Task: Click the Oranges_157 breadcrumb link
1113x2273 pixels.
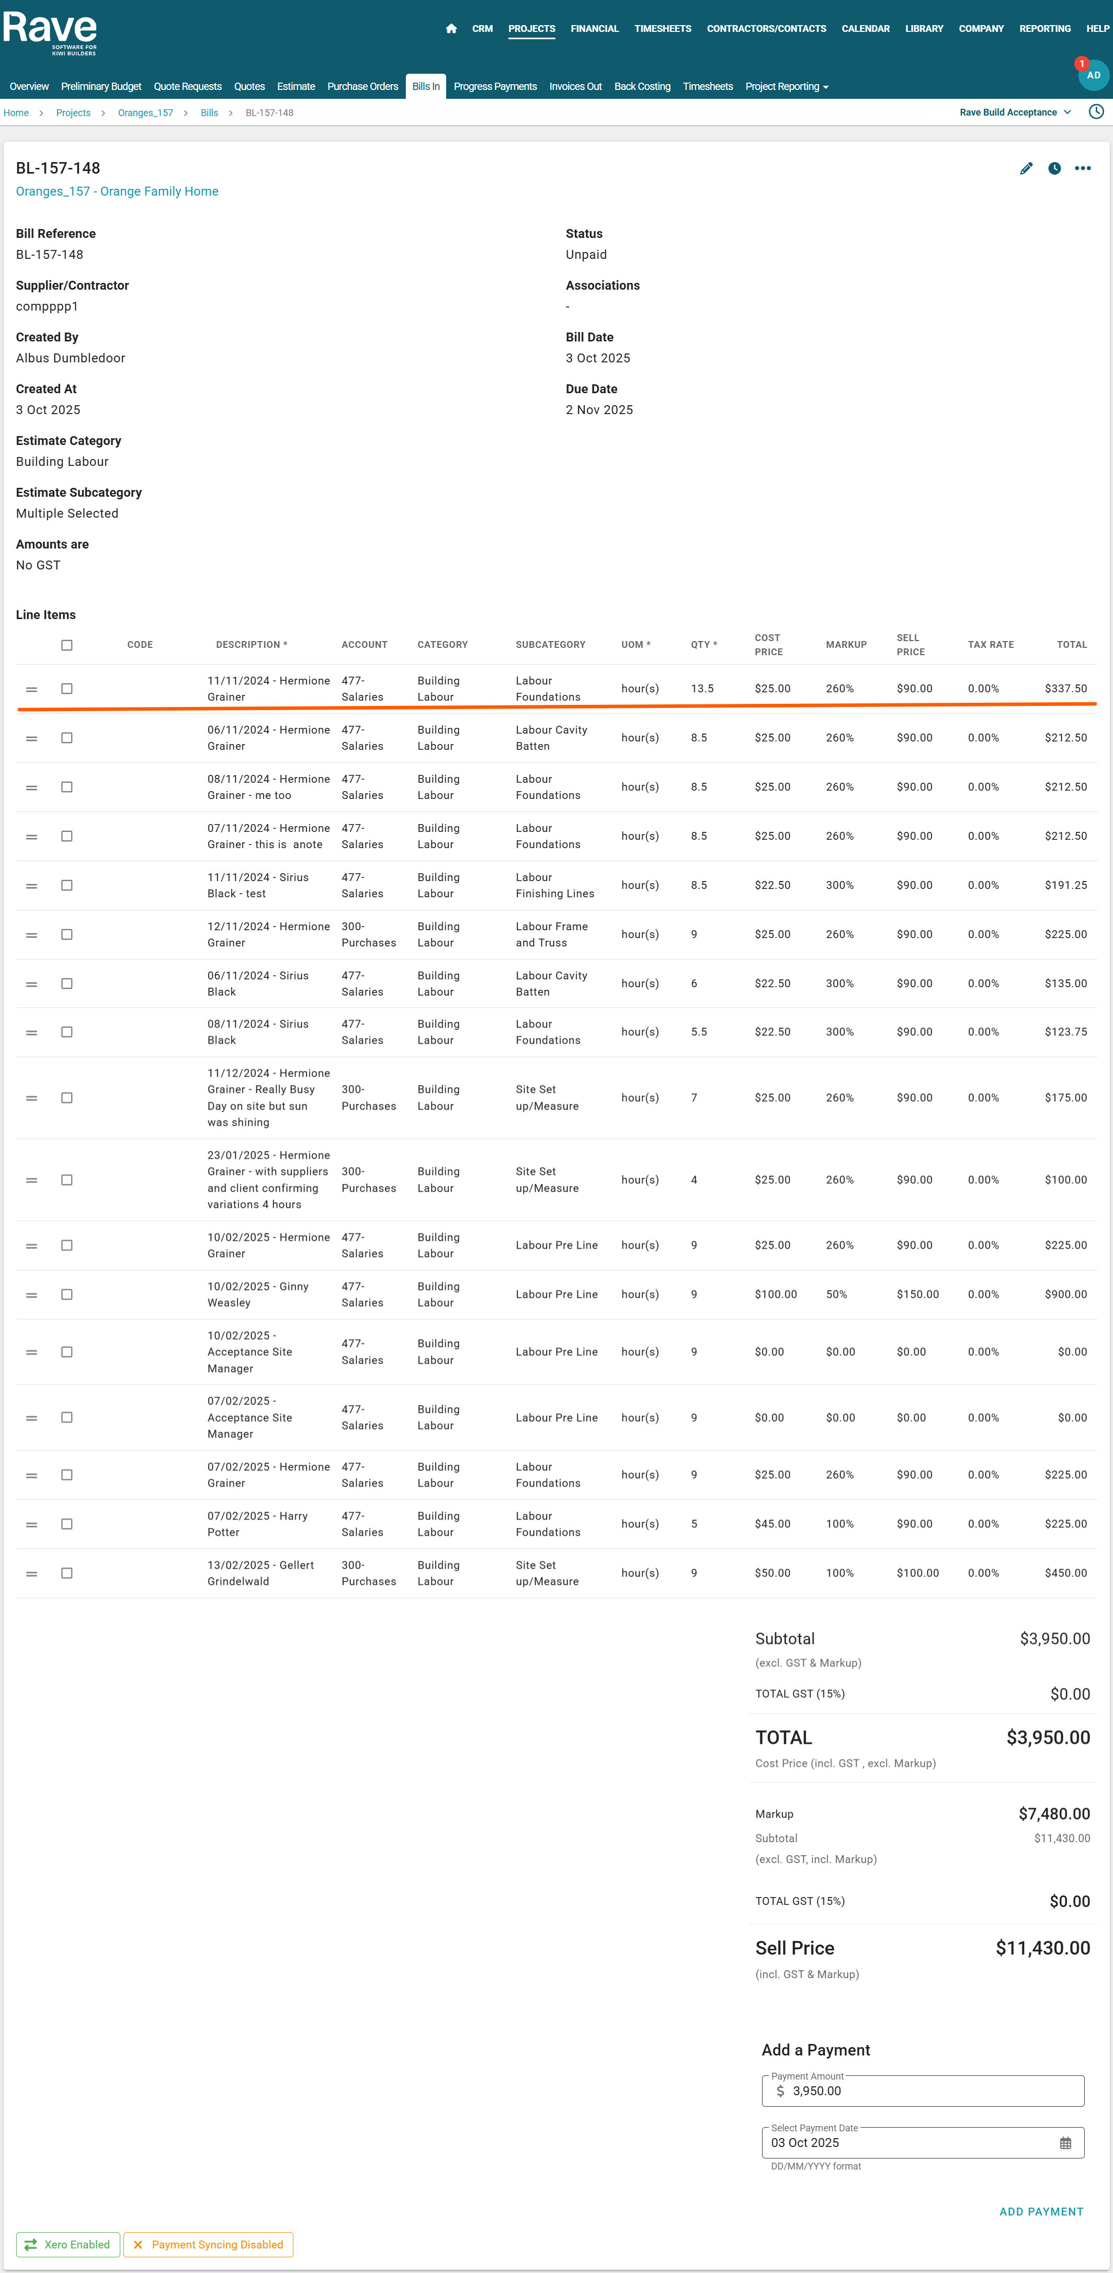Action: [x=145, y=113]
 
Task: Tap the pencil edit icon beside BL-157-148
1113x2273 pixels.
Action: [x=1026, y=168]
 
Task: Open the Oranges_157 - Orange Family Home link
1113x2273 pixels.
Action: [x=117, y=191]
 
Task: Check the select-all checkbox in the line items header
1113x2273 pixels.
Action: [x=67, y=645]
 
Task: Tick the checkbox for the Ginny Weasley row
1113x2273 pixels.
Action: [x=67, y=1295]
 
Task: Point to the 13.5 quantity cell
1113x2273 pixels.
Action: [x=702, y=688]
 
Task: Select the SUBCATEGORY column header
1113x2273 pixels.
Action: [x=550, y=645]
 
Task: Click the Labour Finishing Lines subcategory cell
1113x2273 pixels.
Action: [x=554, y=885]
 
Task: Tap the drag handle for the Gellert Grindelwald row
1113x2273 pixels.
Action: [x=32, y=1573]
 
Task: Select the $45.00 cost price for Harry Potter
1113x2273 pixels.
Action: [x=773, y=1524]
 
